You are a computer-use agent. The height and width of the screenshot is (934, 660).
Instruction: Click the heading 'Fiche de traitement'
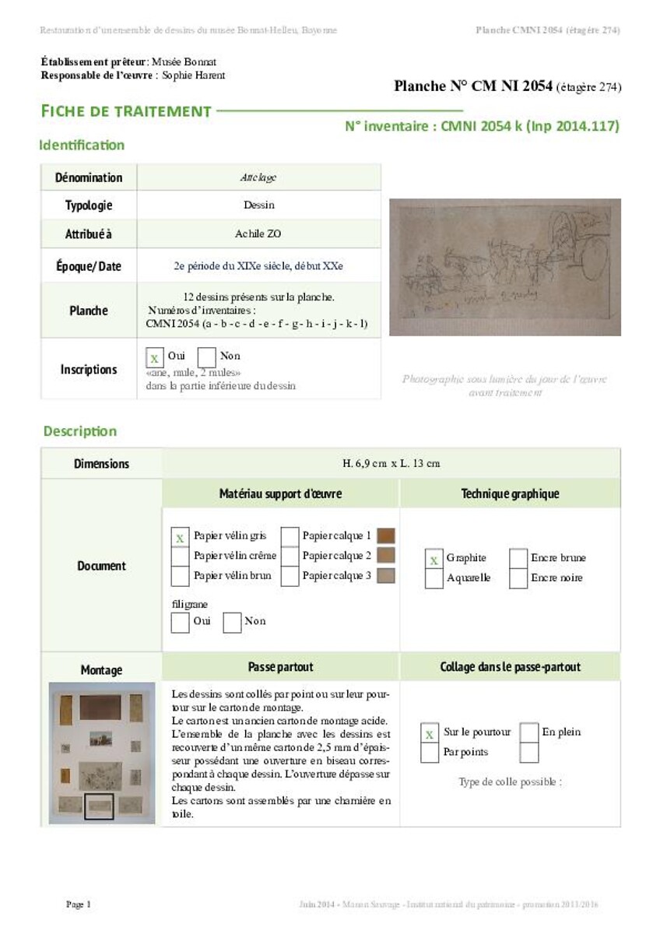126,111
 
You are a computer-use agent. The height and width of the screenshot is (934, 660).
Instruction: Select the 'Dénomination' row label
89,177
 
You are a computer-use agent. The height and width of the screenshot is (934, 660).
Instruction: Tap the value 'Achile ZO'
258,233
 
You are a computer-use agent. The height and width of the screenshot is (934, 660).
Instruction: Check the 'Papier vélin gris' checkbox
180,537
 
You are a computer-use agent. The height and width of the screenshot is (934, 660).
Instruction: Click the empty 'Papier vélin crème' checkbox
180,557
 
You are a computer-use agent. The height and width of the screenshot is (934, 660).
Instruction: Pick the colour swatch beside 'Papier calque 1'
385,535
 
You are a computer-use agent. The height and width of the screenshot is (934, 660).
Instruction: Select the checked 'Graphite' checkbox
434,559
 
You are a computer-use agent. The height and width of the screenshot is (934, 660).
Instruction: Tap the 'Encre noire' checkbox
518,578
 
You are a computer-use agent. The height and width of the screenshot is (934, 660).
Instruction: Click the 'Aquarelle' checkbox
434,578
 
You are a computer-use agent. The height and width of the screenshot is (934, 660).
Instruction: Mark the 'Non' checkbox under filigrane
232,622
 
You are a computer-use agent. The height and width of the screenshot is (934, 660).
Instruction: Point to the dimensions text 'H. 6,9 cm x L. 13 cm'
391,464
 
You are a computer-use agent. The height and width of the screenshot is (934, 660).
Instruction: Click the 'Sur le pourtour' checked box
430,733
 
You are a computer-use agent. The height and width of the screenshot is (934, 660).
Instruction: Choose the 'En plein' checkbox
529,733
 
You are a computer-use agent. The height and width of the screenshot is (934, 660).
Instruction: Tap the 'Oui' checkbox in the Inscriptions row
155,357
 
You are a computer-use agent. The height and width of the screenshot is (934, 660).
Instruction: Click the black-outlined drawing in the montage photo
99,806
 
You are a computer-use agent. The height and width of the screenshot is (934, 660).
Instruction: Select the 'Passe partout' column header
280,667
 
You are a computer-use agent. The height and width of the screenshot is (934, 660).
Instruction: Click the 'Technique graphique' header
510,493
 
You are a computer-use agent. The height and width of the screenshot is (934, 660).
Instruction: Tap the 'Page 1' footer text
79,904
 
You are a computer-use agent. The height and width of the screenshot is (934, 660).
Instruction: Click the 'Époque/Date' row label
89,266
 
